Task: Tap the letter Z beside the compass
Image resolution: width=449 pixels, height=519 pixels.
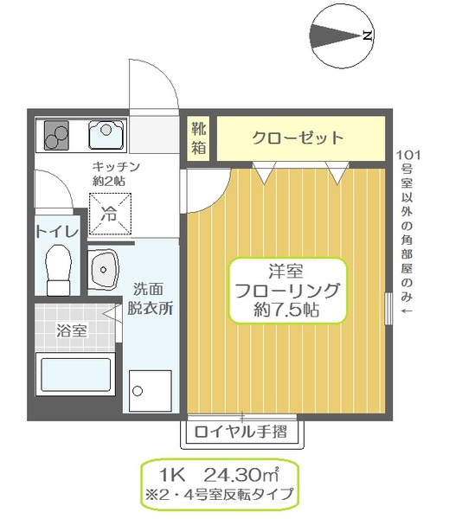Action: click(368, 36)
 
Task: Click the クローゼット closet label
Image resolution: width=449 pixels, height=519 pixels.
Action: click(298, 138)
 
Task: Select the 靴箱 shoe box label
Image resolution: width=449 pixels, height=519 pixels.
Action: click(199, 138)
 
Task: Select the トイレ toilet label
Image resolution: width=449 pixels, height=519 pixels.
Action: click(57, 231)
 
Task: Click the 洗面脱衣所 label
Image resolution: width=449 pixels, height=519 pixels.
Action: click(151, 298)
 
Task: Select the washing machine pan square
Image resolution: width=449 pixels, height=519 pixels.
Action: click(150, 390)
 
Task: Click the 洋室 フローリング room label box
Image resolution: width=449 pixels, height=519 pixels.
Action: click(285, 290)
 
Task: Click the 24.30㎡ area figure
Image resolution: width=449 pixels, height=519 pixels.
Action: click(240, 475)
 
